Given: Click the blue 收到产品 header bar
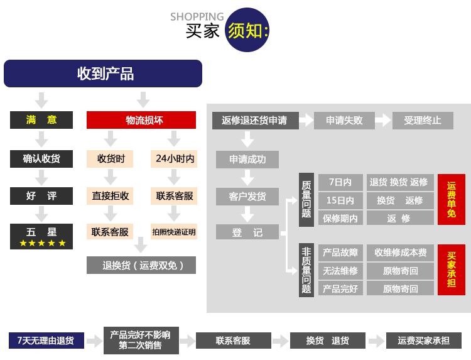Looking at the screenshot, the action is pos(103,74).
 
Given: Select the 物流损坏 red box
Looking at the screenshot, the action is pos(141,120).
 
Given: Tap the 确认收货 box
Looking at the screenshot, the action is pos(41,158).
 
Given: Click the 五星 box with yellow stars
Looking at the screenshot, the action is pos(41,236).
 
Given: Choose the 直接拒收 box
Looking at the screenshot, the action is pos(111,196).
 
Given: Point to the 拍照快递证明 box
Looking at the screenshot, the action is pos(174,232).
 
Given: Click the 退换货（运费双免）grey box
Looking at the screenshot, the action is pos(141,265).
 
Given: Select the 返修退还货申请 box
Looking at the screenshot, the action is pos(254,120).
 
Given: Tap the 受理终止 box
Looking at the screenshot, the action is pos(422,120).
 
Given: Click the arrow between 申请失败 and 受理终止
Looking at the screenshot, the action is pos(383,120).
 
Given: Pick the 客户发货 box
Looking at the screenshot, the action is pos(247,196).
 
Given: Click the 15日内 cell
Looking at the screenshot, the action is pos(340,200).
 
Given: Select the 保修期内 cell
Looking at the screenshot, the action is pos(340,218).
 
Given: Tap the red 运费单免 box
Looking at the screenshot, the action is pos(452,199).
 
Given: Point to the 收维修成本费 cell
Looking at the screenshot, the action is pos(400,253).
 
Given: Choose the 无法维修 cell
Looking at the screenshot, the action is pos(340,271).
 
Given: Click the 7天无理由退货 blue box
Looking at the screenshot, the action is pos(46,341).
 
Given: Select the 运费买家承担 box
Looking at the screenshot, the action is pos(423,341).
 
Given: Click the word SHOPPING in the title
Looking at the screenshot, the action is pos(197,16).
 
